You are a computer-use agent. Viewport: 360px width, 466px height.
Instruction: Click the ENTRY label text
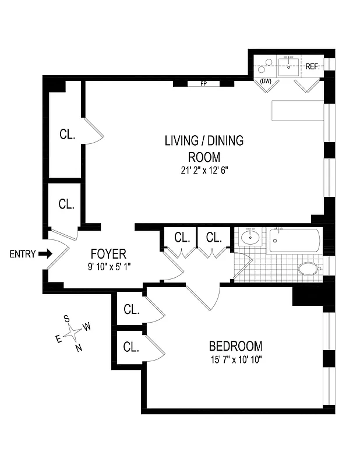point(23,254)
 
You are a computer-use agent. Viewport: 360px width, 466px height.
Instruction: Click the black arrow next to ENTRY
point(46,253)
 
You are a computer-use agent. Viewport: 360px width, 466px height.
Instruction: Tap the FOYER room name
point(108,254)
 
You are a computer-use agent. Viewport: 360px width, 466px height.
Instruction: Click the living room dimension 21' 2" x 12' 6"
point(204,171)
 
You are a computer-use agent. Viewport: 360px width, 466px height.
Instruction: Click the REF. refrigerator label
point(312,67)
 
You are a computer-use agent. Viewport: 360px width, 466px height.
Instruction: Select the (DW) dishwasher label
point(266,81)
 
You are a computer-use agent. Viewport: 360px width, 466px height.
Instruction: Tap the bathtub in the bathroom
point(294,241)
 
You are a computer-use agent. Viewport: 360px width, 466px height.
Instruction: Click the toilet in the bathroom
point(308,269)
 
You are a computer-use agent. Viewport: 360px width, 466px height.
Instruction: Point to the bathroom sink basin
point(251,238)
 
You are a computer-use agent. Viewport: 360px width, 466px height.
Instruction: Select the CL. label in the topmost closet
point(67,135)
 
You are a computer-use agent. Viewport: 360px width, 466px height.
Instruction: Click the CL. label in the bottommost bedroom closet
point(131,347)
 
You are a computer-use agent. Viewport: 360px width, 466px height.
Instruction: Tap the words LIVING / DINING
point(204,141)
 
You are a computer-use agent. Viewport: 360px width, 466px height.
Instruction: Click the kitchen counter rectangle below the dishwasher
point(297,111)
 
